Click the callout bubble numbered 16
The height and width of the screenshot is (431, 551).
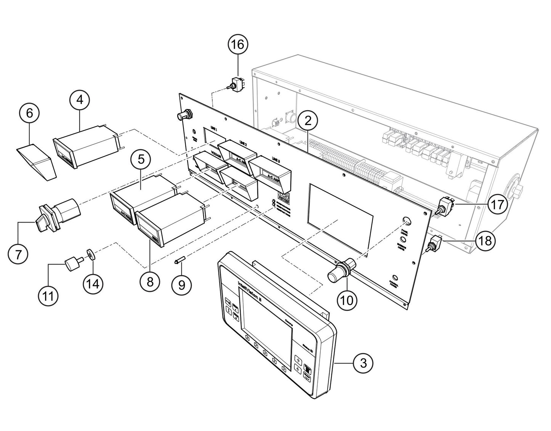(238, 44)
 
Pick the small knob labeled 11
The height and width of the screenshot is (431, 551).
(72, 263)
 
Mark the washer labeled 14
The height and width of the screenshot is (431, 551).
(91, 254)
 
